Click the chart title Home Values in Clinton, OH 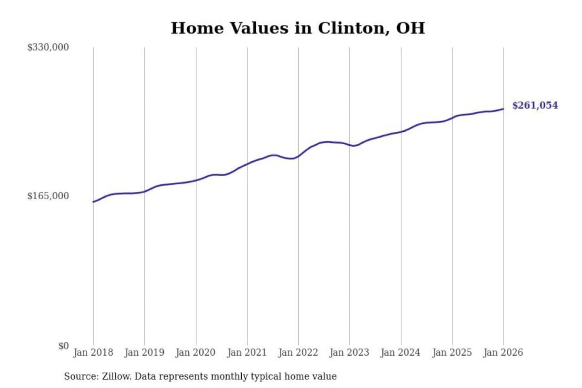298,28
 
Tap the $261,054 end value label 535,105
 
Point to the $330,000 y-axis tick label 48,47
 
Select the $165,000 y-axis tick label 48,196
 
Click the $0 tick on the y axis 63,346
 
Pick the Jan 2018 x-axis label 93,352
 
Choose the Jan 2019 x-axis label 144,352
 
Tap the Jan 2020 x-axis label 196,352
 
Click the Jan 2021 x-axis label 247,352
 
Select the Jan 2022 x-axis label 298,352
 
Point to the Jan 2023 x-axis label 349,352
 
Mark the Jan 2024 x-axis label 401,352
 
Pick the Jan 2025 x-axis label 452,352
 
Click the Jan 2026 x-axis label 503,352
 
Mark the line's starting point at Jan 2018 93,202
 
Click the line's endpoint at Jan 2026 503,109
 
